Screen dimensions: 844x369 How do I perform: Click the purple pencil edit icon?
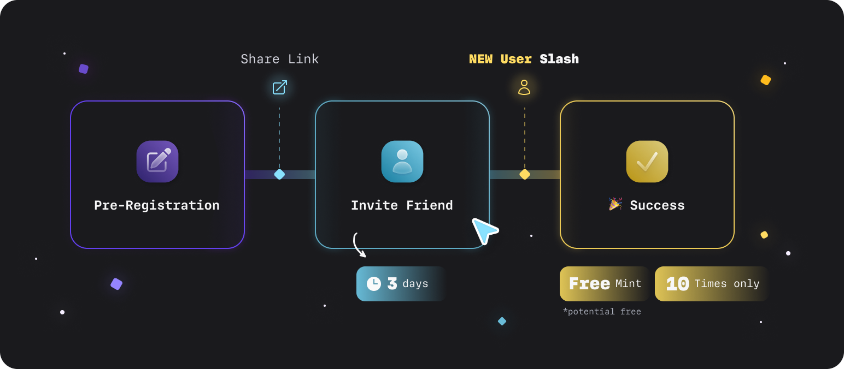point(157,162)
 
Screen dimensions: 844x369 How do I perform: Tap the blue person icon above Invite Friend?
point(402,162)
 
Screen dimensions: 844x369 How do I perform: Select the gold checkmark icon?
point(647,162)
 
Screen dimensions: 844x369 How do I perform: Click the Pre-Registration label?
point(157,205)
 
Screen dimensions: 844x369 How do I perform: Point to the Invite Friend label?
point(402,205)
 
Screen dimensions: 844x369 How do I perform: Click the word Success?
point(657,205)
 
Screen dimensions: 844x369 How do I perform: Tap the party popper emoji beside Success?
point(616,204)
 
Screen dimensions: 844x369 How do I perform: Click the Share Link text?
point(279,59)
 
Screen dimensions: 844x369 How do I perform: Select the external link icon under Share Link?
point(280,87)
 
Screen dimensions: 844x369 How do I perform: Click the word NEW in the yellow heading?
point(481,59)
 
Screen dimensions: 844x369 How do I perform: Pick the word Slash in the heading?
point(559,59)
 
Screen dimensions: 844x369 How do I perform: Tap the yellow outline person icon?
point(524,87)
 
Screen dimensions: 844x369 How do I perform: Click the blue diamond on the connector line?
point(279,175)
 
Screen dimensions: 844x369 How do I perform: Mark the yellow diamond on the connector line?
point(524,175)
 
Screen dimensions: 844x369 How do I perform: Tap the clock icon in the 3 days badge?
point(374,284)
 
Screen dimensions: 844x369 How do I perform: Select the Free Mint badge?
point(605,284)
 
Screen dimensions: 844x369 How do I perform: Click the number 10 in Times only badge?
point(677,284)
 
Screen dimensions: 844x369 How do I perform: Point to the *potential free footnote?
point(602,312)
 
